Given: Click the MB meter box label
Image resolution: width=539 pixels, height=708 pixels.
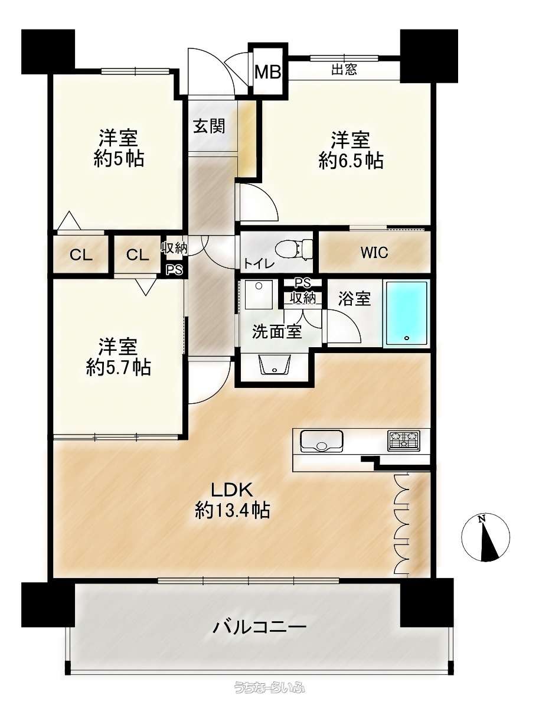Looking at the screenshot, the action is (268, 72).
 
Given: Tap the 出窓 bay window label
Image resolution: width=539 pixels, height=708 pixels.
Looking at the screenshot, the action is (344, 69).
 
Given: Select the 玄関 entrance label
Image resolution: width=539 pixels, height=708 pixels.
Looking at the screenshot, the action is (210, 126).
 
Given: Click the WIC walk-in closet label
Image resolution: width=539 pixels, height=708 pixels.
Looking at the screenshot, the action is (374, 252).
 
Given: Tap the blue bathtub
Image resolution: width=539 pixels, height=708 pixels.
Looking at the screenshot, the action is (407, 314).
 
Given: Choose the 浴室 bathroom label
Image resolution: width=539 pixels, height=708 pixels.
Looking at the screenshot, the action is (354, 298).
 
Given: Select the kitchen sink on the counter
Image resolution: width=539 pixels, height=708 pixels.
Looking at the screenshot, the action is (321, 441).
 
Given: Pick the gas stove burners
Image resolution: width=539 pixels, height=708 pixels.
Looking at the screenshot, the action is (404, 441).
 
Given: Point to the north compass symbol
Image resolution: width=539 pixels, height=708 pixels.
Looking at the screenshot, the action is (486, 537).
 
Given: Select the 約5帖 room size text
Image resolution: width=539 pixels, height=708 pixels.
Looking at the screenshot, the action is (119, 158).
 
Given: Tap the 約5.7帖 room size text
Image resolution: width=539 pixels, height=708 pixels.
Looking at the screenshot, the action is (119, 368).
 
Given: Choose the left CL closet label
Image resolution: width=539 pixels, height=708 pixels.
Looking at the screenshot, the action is (81, 256).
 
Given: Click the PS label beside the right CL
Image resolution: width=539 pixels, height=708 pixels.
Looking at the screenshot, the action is (174, 270).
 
